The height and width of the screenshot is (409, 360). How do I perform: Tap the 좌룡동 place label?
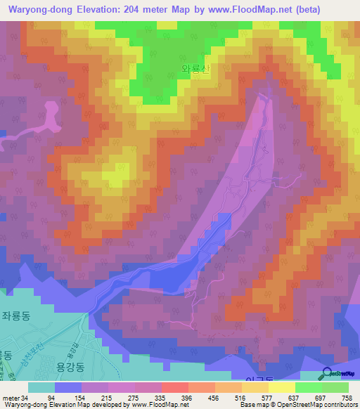pyautogui.click(x=15, y=316)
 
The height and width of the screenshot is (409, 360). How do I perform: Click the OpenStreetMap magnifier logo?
pyautogui.click(x=327, y=374)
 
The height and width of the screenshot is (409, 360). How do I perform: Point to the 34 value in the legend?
pyautogui.click(x=26, y=398)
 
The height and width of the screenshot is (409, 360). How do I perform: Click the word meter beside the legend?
pyautogui.click(x=11, y=398)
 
